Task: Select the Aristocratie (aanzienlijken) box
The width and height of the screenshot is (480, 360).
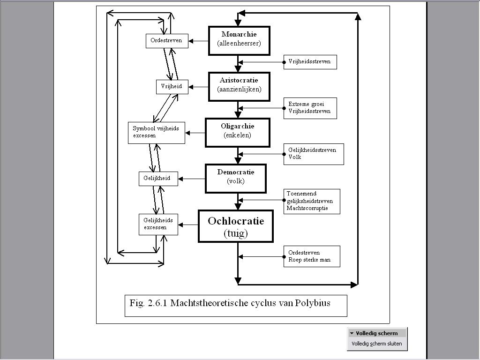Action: pos(239,86)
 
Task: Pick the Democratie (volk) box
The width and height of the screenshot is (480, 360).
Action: pos(235,178)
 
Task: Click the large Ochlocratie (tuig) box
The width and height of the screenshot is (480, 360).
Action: pos(236,226)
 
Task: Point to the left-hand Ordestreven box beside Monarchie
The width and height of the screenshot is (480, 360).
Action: pos(166,41)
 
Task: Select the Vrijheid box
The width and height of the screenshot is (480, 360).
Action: pos(172,87)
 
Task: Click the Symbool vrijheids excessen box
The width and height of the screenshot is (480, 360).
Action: pos(156,133)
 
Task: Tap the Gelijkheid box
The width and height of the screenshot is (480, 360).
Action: pos(158,179)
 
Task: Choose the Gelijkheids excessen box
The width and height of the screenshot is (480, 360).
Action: pos(158,224)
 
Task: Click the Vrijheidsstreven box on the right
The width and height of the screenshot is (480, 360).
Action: pos(310,62)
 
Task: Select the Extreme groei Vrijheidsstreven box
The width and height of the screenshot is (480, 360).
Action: pos(310,108)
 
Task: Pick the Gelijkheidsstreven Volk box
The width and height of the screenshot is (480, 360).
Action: pos(313,154)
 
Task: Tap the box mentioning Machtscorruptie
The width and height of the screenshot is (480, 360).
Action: pos(312,201)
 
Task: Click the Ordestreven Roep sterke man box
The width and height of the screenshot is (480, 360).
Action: pos(312,256)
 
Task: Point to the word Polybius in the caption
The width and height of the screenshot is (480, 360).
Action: pos(313,303)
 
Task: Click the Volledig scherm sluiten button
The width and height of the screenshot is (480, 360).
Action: pos(377,344)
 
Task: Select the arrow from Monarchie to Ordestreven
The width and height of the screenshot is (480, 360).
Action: pos(199,41)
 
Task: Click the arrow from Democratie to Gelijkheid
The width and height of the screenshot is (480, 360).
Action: pos(192,179)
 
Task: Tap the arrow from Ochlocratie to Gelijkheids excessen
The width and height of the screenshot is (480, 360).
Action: pos(188,225)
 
